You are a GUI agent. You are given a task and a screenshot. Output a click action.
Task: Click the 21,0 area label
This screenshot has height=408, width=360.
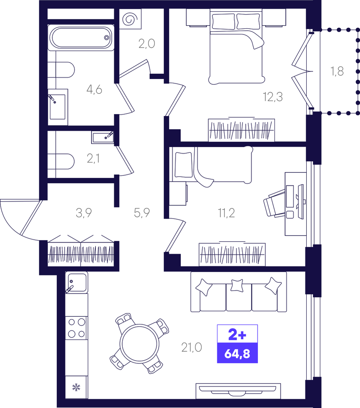pyautogui.click(x=192, y=347)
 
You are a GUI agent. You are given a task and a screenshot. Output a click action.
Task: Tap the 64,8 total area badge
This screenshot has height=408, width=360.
pyautogui.click(x=237, y=353)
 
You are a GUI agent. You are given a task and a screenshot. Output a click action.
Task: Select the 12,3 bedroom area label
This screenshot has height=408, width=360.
pyautogui.click(x=273, y=97)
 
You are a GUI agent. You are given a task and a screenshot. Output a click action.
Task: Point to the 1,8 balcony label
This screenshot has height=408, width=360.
pyautogui.click(x=337, y=71)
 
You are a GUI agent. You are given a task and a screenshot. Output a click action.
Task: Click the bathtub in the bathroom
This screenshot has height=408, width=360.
pyautogui.click(x=81, y=37)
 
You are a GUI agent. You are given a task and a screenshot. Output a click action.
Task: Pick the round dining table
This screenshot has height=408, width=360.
pyautogui.click(x=140, y=343)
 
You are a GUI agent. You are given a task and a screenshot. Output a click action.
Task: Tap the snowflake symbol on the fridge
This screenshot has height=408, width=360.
pyautogui.click(x=76, y=387)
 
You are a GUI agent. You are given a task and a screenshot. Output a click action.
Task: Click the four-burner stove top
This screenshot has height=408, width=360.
pyautogui.click(x=76, y=328)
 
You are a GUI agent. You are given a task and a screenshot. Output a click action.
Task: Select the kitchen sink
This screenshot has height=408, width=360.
pyautogui.click(x=76, y=282)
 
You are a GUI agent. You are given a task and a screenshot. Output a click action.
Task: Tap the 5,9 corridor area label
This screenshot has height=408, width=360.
pyautogui.click(x=142, y=213)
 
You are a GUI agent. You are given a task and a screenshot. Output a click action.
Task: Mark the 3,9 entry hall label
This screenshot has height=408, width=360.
pyautogui.click(x=84, y=213)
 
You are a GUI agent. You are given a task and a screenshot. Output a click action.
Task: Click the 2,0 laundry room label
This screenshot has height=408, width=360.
pyautogui.click(x=146, y=44)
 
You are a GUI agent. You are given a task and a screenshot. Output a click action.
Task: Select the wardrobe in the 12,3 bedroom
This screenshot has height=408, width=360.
pyautogui.click(x=242, y=130)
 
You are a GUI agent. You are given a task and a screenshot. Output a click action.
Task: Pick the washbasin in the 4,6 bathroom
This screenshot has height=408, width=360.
pyautogui.click(x=58, y=107)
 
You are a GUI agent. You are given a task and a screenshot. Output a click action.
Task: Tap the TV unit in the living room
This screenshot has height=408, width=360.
pyautogui.click(x=238, y=391)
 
